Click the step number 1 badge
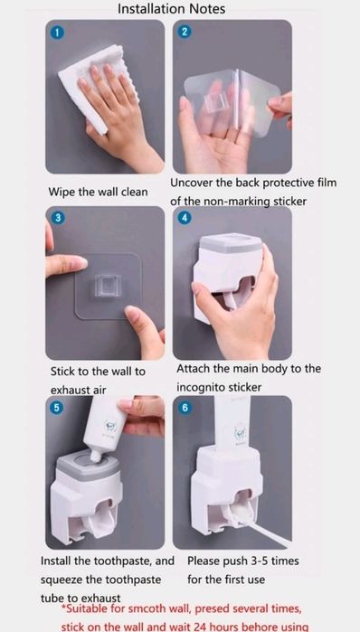(x=58, y=33)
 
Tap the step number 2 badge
(x=185, y=32)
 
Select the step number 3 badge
(x=58, y=218)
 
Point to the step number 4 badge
(x=185, y=218)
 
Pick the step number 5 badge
(x=56, y=408)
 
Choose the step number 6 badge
(x=185, y=408)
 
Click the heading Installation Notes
(x=171, y=9)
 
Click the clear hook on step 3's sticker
(x=108, y=287)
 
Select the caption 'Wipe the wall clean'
(x=98, y=192)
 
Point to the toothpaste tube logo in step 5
(x=109, y=427)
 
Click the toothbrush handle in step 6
(x=264, y=535)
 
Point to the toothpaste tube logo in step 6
(x=240, y=433)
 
